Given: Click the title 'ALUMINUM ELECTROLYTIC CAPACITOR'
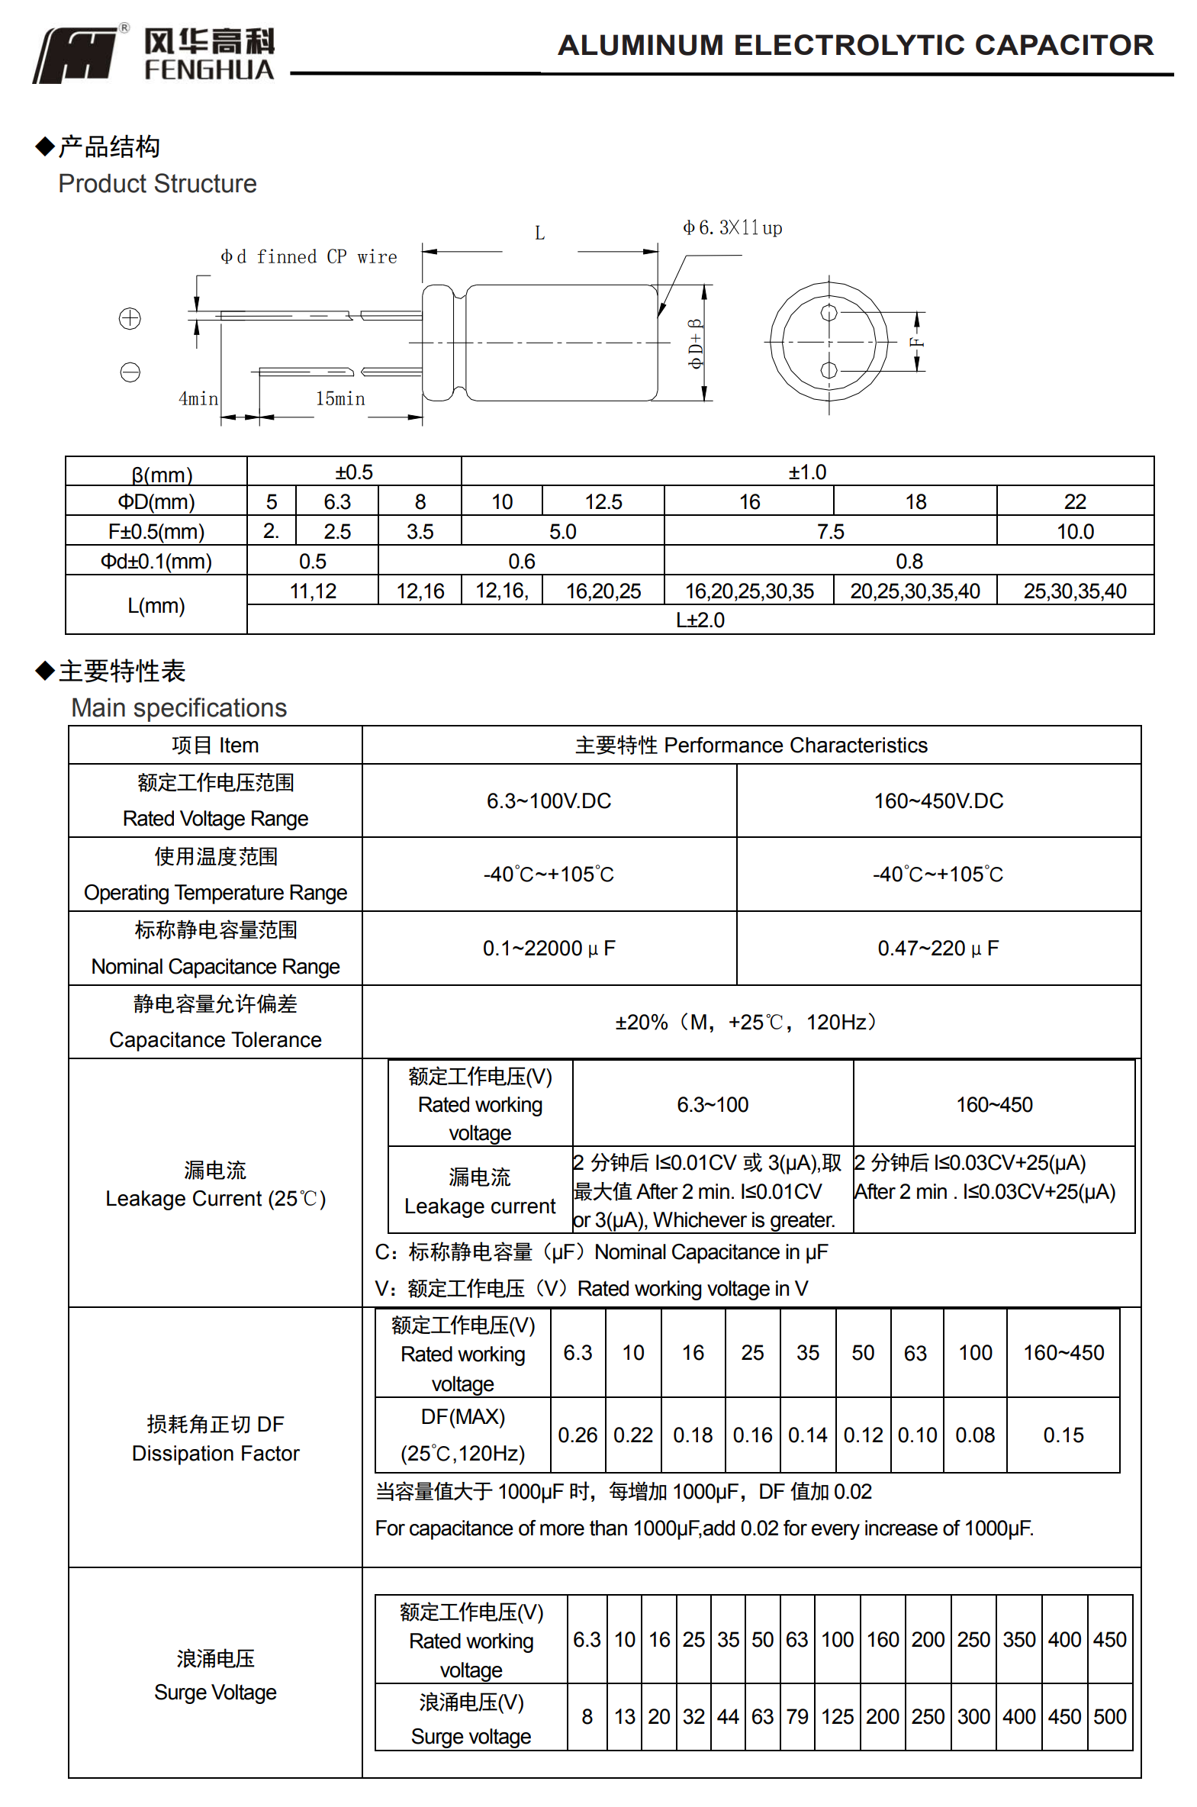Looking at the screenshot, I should coord(855,45).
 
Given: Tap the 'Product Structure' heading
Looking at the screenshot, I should coord(157,184).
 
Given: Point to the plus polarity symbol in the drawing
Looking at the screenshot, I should coord(130,318).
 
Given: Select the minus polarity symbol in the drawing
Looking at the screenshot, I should coord(130,372).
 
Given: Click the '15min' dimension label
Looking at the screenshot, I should coord(339,398).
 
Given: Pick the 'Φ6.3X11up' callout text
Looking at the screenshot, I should coord(732,227).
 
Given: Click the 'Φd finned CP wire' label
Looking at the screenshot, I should coord(308,256).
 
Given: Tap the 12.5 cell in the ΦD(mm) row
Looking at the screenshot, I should coord(603,501).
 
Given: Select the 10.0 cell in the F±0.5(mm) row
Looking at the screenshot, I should coord(1074,531).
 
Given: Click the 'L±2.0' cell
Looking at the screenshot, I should coord(700,620).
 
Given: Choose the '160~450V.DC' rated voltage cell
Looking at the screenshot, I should coord(938,800).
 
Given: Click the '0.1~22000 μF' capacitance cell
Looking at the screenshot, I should coord(549,949).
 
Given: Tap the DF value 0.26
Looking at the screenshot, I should coord(577,1435).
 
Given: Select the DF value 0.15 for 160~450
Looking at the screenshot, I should coord(1063,1435).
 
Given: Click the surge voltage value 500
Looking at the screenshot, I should coord(1109,1716).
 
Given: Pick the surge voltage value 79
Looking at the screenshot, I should coord(797,1716).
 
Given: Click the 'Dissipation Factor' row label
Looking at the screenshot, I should coord(215,1453).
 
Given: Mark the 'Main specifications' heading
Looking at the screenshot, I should coord(179,707).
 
